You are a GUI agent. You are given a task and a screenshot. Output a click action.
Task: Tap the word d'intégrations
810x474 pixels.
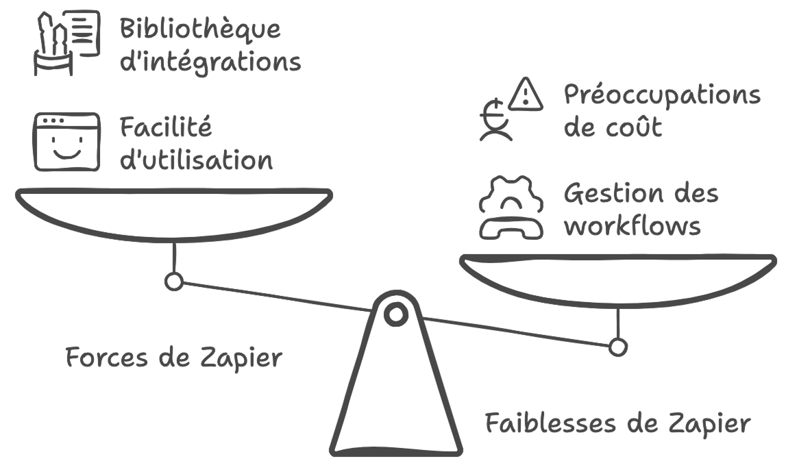click(x=210, y=62)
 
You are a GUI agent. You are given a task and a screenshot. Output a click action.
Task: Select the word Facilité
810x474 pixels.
click(x=165, y=128)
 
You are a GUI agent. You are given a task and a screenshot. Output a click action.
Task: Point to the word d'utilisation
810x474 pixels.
click(x=196, y=160)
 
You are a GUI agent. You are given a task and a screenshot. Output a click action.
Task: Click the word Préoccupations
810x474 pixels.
click(x=662, y=95)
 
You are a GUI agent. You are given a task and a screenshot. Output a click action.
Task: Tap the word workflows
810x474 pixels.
click(x=633, y=226)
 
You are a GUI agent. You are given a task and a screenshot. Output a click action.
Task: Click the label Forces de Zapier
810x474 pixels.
click(x=173, y=358)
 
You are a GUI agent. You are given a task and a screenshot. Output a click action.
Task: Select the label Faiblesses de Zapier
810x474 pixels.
click(x=617, y=423)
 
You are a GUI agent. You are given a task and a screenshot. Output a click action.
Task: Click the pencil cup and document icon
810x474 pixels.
click(x=66, y=42)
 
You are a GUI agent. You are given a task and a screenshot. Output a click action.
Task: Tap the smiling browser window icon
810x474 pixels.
click(x=66, y=142)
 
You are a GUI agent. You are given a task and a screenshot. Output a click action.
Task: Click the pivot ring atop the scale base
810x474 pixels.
click(x=395, y=314)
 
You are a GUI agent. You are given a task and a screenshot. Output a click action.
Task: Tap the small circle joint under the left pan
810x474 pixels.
click(x=174, y=281)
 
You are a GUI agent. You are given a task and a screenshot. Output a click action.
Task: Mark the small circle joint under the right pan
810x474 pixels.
click(x=617, y=347)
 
